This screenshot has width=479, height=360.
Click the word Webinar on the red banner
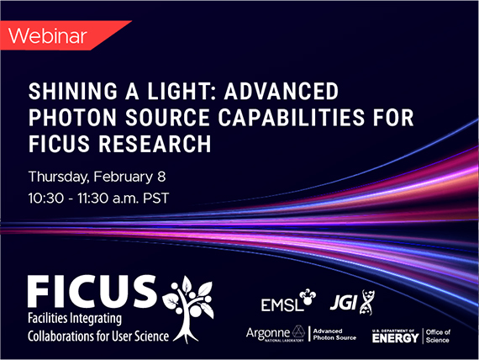pos(48,36)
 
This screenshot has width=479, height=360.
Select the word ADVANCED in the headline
pos(282,91)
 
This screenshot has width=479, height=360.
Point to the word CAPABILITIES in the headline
pos(292,118)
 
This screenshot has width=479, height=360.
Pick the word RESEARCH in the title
pos(155,144)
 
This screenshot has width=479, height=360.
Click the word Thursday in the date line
pos(59,177)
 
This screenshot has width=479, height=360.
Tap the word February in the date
pos(123,177)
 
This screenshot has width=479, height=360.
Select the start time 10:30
pos(46,199)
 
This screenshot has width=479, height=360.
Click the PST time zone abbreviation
pos(155,199)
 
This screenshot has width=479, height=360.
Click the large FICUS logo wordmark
pos(92,291)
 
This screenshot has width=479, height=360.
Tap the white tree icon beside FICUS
pos(189,310)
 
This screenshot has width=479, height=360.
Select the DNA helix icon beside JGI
pos(366,302)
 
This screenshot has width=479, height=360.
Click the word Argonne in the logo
pos(268,333)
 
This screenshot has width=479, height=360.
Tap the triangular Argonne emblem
pos(298,332)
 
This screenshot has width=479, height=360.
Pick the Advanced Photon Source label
pos(334,334)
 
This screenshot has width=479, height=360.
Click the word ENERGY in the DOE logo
pos(395,338)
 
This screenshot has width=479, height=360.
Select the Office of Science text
pos(438,336)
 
